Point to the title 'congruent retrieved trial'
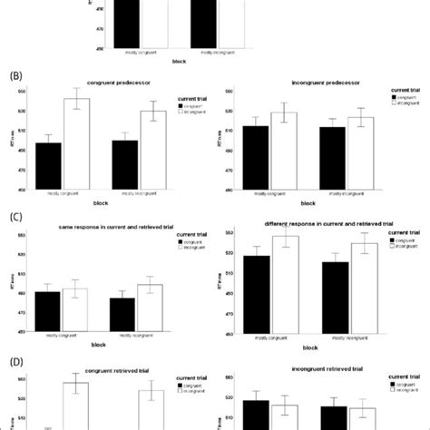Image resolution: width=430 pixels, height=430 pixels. pos(104,367)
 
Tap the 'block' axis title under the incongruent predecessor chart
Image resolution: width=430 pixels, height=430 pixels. pos(309,203)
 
